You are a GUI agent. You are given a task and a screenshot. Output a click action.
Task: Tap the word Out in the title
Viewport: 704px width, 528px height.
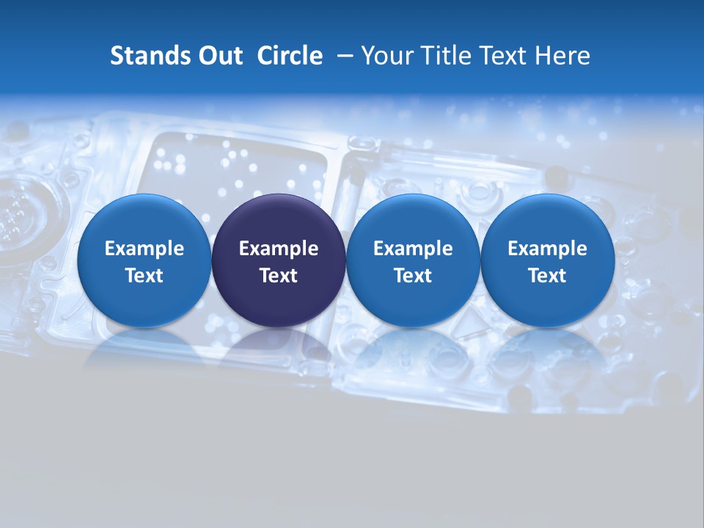[219, 56]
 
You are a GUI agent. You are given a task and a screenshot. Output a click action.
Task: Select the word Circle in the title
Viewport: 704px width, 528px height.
[290, 56]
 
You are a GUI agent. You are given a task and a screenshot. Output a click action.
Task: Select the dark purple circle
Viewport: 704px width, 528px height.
[279, 260]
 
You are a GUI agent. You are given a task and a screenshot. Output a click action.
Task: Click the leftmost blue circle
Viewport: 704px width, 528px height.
[144, 260]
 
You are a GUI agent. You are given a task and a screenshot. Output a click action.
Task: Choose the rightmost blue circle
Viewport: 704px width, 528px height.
[547, 260]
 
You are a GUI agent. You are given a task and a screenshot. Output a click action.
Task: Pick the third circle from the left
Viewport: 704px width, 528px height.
[413, 260]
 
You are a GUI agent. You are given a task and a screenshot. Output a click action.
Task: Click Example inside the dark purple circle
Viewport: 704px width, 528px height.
[279, 249]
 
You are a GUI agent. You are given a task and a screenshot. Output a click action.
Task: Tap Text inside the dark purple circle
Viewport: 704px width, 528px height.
[279, 276]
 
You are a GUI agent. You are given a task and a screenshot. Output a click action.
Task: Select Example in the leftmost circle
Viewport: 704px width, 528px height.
[144, 249]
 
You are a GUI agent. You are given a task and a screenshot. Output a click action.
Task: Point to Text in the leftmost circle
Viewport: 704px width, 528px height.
[144, 276]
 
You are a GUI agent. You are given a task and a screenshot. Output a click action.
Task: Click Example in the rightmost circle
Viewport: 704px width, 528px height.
[547, 249]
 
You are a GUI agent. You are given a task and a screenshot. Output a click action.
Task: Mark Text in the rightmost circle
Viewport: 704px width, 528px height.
[547, 276]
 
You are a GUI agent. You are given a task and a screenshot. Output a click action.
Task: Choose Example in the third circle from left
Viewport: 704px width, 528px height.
[413, 249]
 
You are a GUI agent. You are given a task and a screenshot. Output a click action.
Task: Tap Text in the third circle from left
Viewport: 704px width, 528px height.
[413, 276]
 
